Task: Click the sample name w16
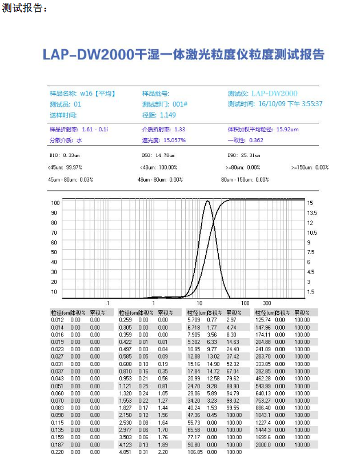[86, 93]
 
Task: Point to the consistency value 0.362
[256, 140]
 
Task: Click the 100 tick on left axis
[55, 203]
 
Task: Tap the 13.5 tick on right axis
[312, 212]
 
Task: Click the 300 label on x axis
[266, 303]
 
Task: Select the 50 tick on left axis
[55, 252]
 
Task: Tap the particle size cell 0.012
[57, 320]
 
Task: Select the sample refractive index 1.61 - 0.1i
[95, 129]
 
